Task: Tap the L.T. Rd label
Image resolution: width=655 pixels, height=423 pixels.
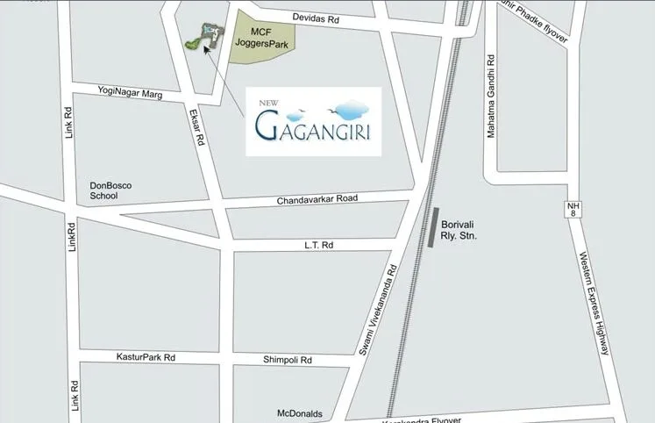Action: click(319, 245)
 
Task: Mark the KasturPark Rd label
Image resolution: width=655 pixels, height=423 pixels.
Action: click(146, 357)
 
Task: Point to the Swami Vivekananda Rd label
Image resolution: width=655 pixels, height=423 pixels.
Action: click(379, 311)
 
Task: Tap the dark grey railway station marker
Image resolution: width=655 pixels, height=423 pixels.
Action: click(434, 229)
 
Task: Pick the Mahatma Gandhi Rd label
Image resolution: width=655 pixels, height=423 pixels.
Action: click(491, 96)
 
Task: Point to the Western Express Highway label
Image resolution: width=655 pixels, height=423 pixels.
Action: click(593, 303)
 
